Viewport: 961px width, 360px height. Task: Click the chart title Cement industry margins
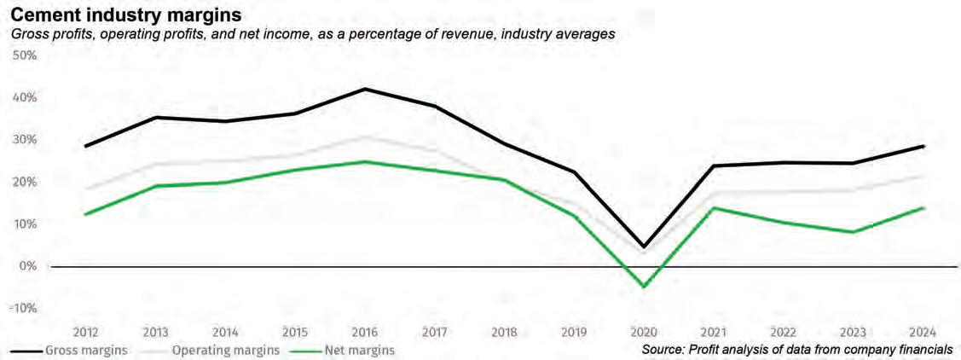click(125, 15)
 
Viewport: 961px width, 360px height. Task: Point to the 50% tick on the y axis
click(23, 55)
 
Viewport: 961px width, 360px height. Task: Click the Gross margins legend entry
click(85, 350)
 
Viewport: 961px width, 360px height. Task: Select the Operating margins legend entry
click(224, 350)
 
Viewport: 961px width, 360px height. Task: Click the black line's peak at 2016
click(364, 89)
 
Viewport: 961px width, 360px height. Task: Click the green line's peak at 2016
click(364, 161)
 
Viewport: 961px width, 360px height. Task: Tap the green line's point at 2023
click(853, 232)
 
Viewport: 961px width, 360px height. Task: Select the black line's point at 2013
click(154, 117)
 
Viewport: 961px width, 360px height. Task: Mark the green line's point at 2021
click(714, 207)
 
